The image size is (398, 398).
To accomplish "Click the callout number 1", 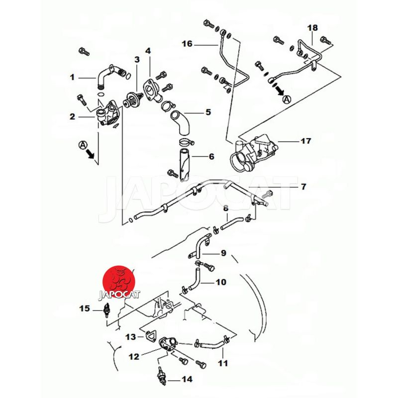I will (72, 77).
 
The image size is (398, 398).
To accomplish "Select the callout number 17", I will (305, 141).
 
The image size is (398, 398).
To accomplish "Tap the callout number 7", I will (303, 187).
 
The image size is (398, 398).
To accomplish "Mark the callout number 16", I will (187, 44).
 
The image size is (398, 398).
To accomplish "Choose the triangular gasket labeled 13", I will (149, 336).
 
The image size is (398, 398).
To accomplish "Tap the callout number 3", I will (137, 60).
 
